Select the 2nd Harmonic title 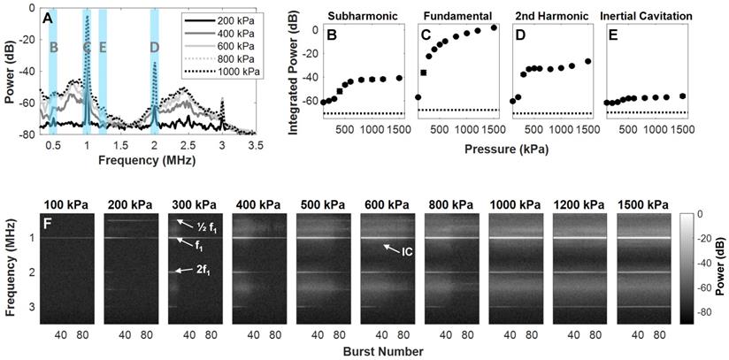545,15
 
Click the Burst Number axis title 381,350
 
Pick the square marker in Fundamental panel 424,73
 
